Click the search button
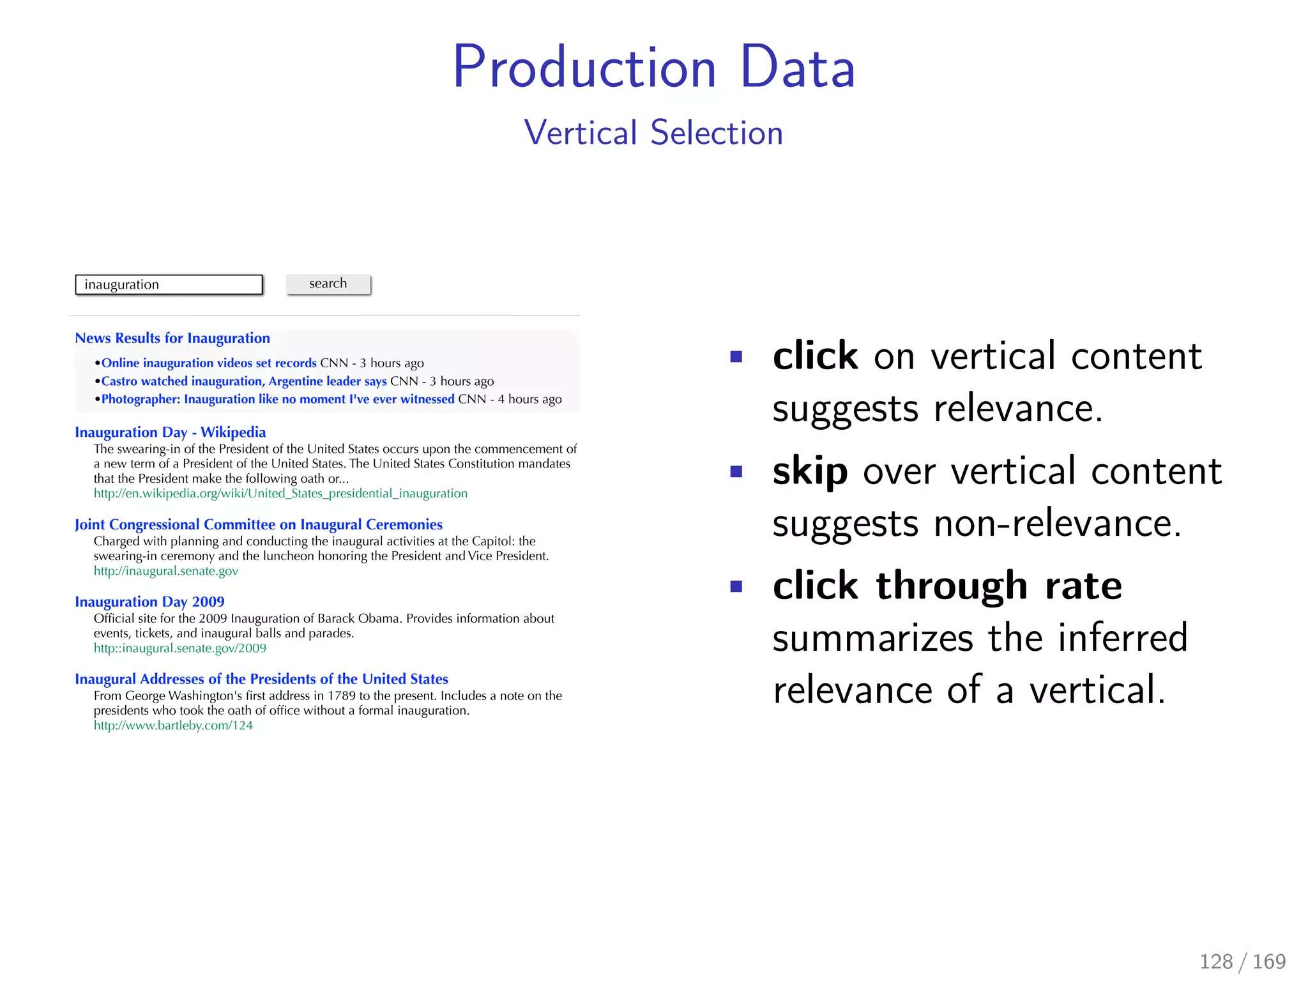click(x=328, y=284)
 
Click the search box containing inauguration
click(x=169, y=285)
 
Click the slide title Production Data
click(x=653, y=67)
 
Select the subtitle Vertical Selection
click(x=653, y=133)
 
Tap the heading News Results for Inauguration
click(x=172, y=338)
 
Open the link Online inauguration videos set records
click(x=209, y=363)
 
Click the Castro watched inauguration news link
click(x=244, y=381)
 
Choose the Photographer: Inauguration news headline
click(x=278, y=399)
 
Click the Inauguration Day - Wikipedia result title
click(x=170, y=432)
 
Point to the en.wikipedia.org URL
click(x=280, y=493)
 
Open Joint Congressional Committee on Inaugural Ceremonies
click(x=258, y=524)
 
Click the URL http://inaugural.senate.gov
click(x=165, y=571)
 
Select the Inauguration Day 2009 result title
click(x=149, y=602)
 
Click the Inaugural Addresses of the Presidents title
click(x=261, y=679)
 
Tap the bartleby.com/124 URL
click(x=173, y=726)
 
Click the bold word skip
click(x=810, y=471)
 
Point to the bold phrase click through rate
click(x=947, y=586)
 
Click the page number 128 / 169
click(x=1242, y=961)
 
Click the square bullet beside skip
click(x=736, y=471)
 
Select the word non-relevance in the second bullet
click(x=1057, y=524)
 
